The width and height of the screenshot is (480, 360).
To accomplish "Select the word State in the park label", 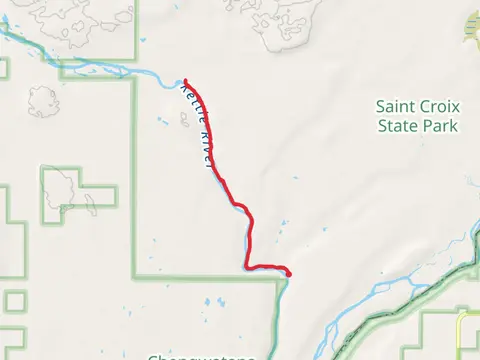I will point(399,126).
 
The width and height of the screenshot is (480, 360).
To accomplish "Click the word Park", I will point(440,126).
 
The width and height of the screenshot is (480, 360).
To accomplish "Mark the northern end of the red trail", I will point(186,81).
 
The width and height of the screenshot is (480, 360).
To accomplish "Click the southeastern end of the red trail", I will point(288,273).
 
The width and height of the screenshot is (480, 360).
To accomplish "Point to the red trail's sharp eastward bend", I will point(248,265).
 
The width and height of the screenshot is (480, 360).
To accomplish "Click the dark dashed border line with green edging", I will point(400,300).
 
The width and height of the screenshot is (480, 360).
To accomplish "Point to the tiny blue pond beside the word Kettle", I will point(163,121).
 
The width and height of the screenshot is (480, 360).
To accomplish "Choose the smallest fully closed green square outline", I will point(15,301).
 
